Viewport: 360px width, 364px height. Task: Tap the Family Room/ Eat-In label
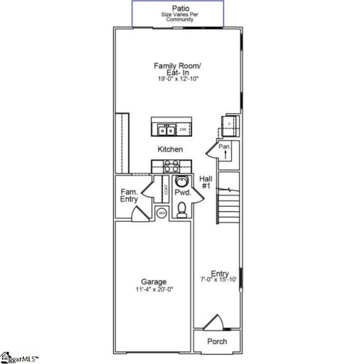click(x=178, y=69)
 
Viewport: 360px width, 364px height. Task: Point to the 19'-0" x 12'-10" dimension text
click(x=178, y=79)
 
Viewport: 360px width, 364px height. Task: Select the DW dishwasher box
click(x=182, y=129)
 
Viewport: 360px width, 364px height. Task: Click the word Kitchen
click(x=171, y=149)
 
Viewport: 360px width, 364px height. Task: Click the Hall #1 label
click(x=206, y=182)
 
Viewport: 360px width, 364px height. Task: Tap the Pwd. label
click(x=182, y=193)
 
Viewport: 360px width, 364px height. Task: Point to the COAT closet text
click(x=166, y=190)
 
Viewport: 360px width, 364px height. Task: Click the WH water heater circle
click(x=162, y=213)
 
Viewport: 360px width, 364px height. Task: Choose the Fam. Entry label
click(x=129, y=196)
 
